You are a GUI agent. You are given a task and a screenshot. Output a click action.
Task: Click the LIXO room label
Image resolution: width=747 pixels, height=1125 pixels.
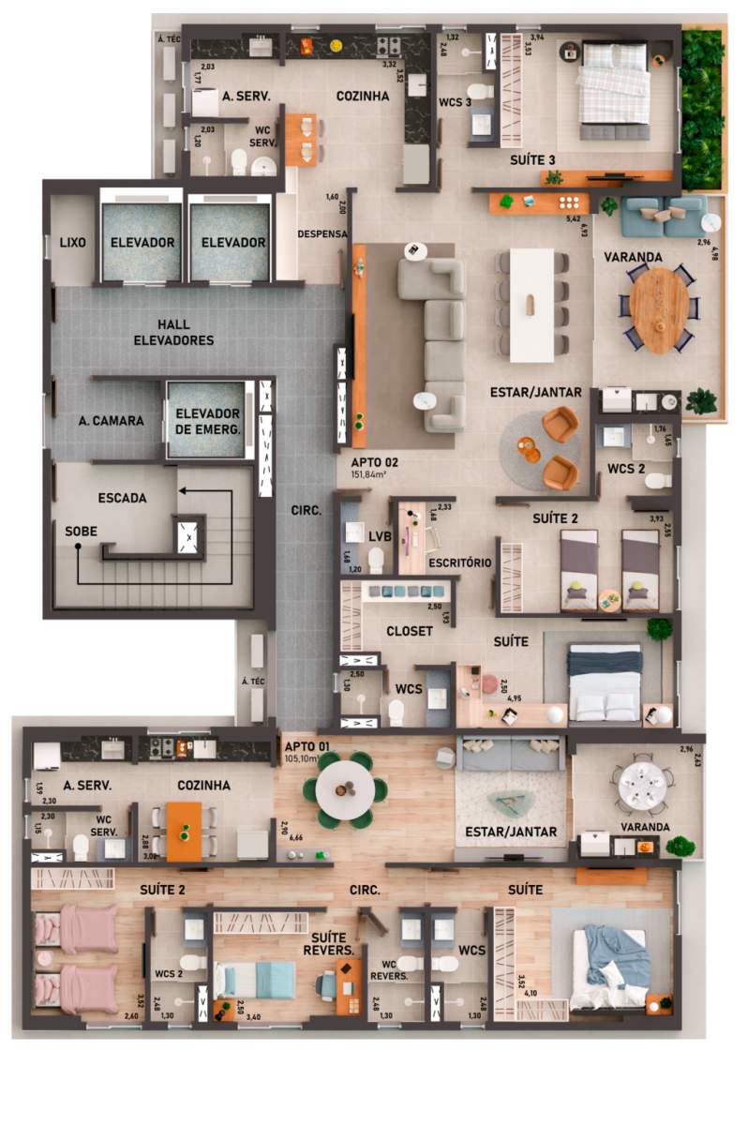(72, 243)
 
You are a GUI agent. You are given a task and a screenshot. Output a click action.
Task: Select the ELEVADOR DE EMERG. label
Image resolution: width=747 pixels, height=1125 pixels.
(207, 421)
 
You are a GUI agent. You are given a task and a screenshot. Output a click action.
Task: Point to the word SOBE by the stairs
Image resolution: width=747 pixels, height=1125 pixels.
(82, 531)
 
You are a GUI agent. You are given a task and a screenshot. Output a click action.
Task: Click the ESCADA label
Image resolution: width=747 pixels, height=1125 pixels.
(122, 498)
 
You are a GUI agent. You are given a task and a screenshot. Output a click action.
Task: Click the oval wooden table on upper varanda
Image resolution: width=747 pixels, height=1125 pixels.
(658, 310)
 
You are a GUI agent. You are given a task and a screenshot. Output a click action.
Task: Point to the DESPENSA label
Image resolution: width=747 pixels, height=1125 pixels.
(321, 233)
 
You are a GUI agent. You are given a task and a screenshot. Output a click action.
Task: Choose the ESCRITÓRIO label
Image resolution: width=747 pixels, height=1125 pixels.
(459, 563)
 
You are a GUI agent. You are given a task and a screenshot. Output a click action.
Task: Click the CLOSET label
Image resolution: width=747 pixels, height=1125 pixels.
(409, 631)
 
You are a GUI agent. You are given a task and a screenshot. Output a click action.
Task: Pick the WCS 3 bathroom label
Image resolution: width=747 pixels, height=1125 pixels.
(456, 103)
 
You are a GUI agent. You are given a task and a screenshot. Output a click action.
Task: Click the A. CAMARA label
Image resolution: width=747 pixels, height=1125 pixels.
(111, 421)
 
